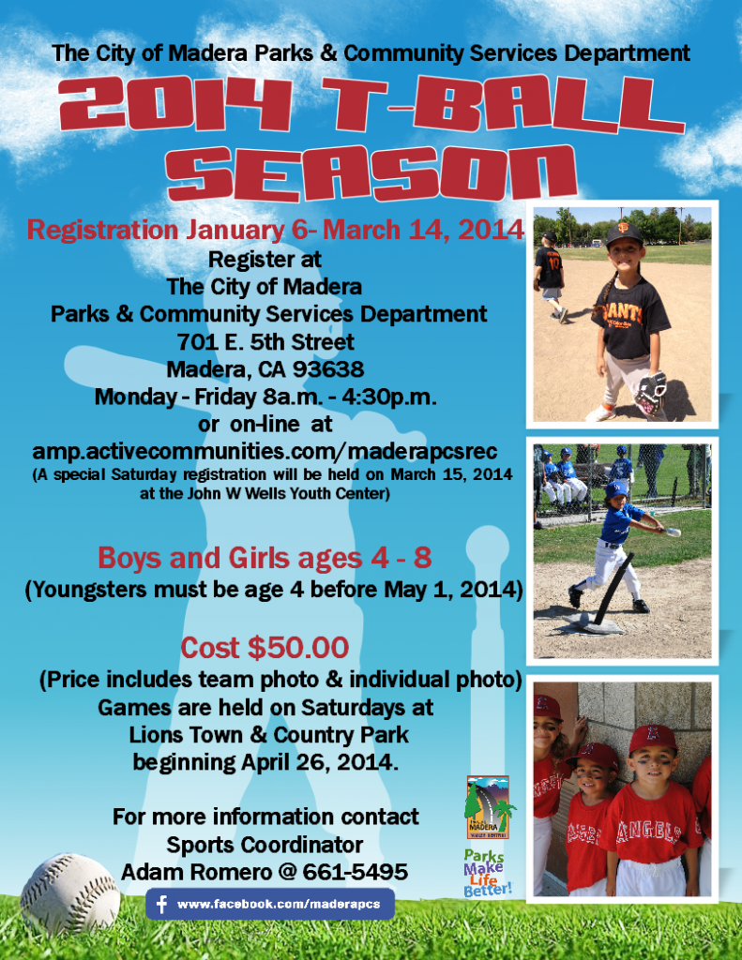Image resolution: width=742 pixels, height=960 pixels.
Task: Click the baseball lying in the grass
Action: (69, 893)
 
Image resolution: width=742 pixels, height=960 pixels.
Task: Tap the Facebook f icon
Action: (161, 905)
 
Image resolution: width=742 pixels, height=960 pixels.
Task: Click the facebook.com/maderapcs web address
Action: (279, 905)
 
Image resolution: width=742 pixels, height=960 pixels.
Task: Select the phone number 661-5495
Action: (355, 872)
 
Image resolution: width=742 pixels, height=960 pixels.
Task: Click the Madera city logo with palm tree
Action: (489, 807)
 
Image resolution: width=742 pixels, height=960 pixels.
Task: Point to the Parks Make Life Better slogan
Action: (487, 873)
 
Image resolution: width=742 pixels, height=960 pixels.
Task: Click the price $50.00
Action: (298, 648)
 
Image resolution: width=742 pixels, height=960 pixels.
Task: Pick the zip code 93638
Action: (328, 369)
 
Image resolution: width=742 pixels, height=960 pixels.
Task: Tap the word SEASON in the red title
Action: (371, 173)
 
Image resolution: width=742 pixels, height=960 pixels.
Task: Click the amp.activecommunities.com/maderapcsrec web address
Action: (265, 451)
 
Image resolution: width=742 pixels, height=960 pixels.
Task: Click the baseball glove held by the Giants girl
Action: (651, 391)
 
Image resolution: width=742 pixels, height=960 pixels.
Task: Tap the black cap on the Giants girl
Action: (623, 233)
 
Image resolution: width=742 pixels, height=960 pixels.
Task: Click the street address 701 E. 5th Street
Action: (265, 341)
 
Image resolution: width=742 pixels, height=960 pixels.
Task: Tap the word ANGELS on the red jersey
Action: (649, 831)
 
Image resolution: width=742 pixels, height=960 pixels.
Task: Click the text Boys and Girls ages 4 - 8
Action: (265, 558)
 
